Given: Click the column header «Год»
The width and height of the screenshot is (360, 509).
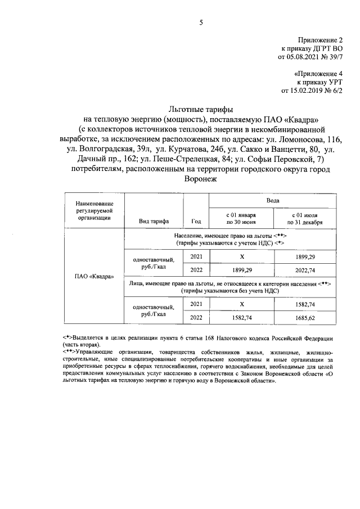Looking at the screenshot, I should click(x=196, y=221).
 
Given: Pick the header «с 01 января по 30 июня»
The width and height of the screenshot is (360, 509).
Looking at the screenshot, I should click(x=241, y=218).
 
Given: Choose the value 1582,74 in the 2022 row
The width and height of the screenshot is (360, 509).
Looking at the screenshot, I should click(x=241, y=318).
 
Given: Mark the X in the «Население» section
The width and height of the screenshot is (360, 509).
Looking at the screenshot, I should click(x=241, y=256).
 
